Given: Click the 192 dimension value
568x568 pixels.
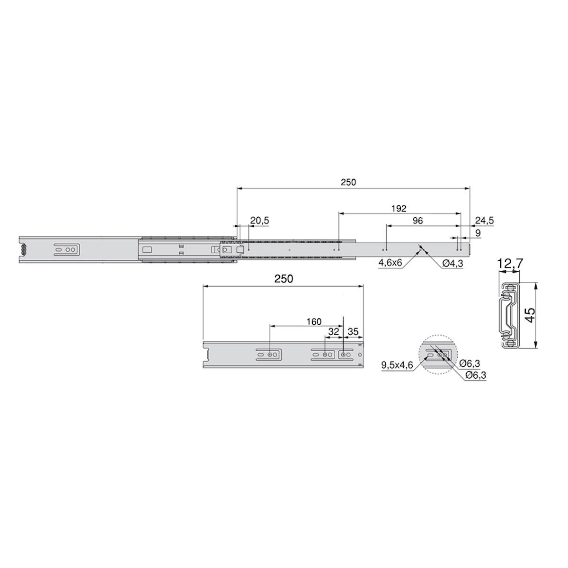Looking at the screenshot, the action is pyautogui.click(x=399, y=208).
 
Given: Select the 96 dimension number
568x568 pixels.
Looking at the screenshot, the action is pyautogui.click(x=417, y=221).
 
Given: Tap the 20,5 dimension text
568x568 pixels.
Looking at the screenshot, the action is pyautogui.click(x=259, y=221).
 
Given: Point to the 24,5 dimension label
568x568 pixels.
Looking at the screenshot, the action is pyautogui.click(x=484, y=221).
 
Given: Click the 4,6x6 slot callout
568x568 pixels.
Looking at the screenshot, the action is pyautogui.click(x=390, y=263).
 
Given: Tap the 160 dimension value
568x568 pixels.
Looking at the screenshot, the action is pyautogui.click(x=314, y=321).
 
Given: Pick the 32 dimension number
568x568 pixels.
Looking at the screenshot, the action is pyautogui.click(x=334, y=332).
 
